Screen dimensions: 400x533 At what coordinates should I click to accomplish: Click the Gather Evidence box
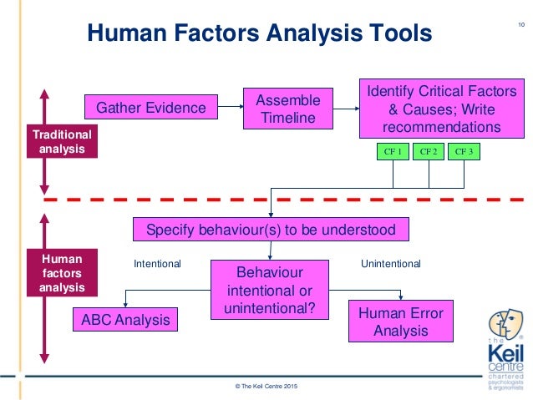151,108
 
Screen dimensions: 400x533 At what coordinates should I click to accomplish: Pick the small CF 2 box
429,152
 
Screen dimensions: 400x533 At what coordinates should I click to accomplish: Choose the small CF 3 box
464,152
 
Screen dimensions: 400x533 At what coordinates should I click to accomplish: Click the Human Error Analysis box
400,322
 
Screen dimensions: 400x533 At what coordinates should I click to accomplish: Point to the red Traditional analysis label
62,141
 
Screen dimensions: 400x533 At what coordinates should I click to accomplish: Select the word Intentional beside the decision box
157,264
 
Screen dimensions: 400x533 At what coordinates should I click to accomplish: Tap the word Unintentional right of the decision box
390,264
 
